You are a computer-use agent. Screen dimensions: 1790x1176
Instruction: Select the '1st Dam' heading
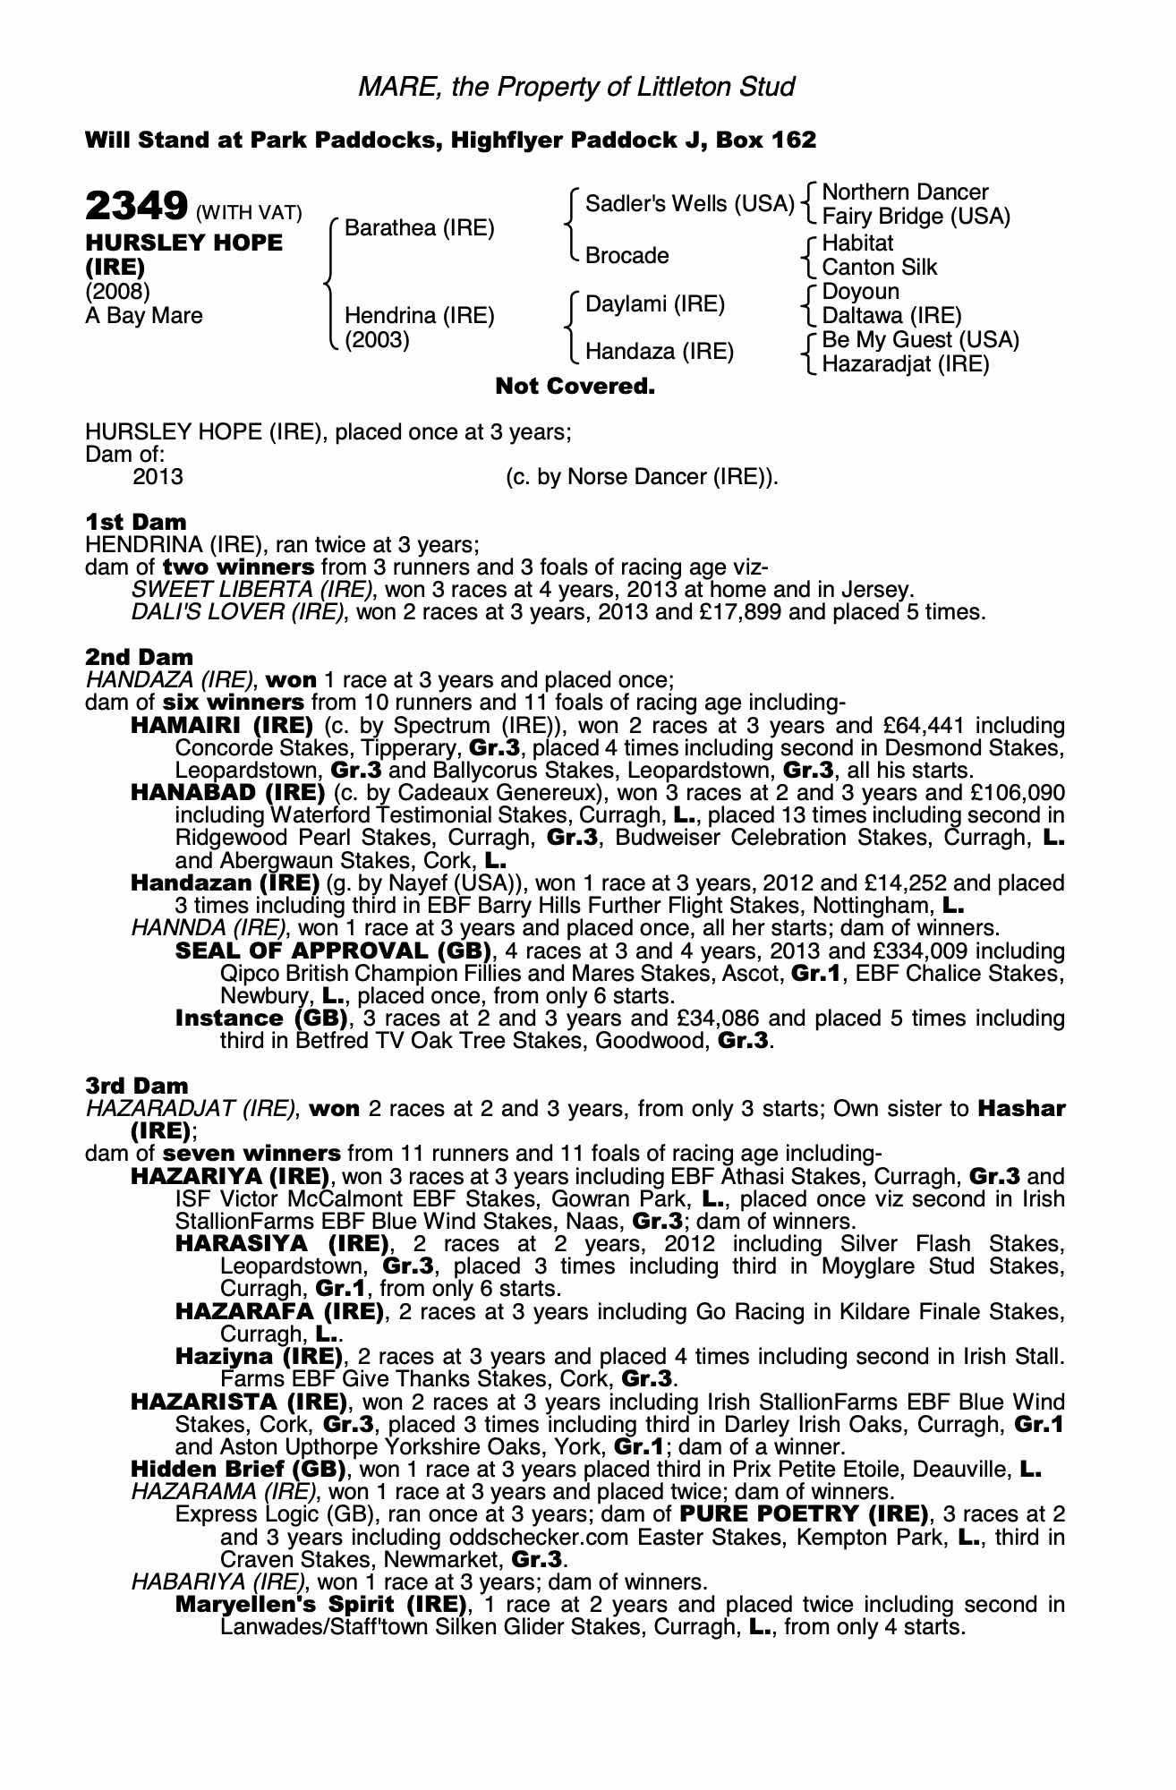coord(136,522)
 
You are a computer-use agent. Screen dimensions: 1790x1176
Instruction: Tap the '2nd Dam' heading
coord(139,658)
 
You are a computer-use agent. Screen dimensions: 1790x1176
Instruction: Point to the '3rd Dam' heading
coord(137,1086)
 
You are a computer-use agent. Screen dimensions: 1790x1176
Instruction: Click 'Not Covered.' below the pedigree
coord(575,387)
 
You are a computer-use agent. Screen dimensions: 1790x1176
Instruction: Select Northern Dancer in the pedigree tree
coord(905,192)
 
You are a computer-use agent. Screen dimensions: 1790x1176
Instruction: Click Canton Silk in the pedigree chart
coord(879,267)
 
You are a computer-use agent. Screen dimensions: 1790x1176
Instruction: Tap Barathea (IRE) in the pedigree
coord(419,228)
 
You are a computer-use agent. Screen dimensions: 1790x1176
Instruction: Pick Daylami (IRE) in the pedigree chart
coord(654,304)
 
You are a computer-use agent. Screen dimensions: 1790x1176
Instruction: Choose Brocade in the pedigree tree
coord(626,256)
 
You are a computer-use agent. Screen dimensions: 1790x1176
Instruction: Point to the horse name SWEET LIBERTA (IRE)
coord(251,590)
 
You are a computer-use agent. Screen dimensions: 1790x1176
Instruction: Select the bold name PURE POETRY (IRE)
coord(803,1514)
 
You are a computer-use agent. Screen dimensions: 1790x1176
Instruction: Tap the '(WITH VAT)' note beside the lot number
coord(249,213)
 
